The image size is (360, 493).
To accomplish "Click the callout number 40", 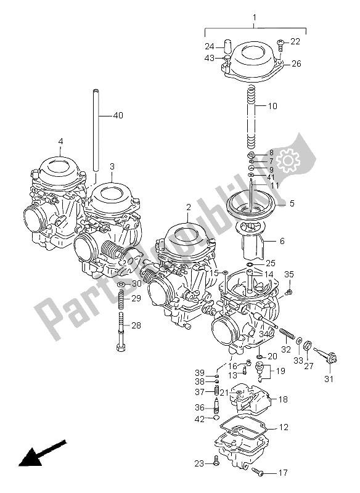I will (118, 115).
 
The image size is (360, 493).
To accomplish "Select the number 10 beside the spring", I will (272, 106).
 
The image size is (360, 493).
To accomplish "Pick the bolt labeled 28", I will (121, 333).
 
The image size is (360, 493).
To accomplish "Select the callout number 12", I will (283, 427).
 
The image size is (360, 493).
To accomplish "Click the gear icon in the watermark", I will (287, 162).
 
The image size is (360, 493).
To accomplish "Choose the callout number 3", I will (112, 166).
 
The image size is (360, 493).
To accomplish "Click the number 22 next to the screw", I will (295, 41).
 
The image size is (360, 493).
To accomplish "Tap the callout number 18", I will (282, 399).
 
